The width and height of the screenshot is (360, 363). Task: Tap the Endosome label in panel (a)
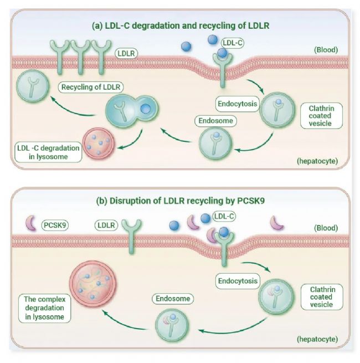(214, 120)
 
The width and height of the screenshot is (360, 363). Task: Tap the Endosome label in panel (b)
(171, 299)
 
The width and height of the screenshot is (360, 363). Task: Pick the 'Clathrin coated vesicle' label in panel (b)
(322, 296)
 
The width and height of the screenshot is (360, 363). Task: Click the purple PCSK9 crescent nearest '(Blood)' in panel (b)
(276, 223)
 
